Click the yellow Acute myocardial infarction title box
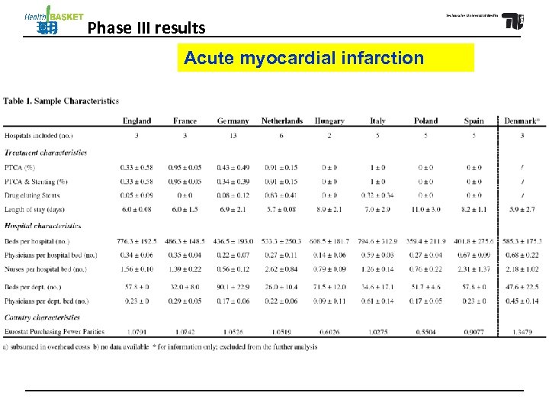pos(326,57)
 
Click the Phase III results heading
pos(146,29)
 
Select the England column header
pos(136,121)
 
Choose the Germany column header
pos(233,121)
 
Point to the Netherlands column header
pos(281,121)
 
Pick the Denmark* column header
pos(522,121)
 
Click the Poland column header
pos(425,121)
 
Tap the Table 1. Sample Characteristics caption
pos(61,101)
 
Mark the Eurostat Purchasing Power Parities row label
pos(54,332)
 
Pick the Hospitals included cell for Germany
pos(233,135)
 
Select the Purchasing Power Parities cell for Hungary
pos(329,332)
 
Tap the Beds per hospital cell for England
pos(136,241)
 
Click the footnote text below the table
pos(160,347)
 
